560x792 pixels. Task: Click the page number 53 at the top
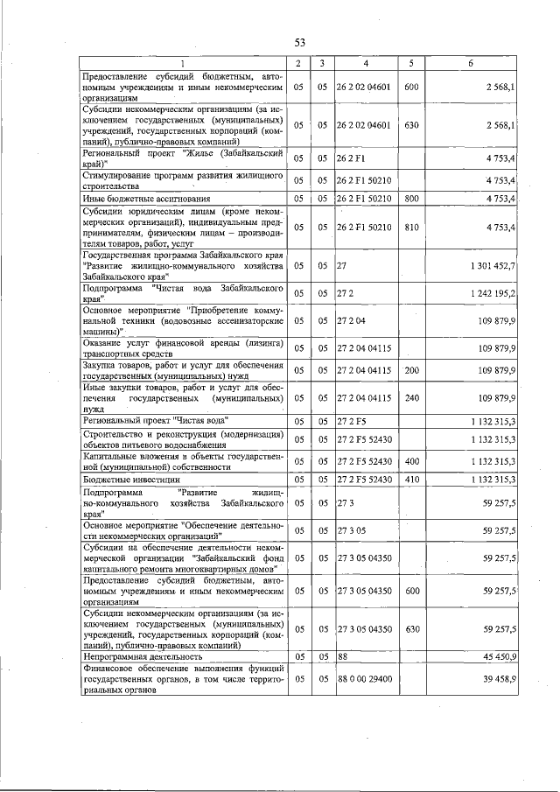pyautogui.click(x=299, y=41)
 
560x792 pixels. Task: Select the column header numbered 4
pyautogui.click(x=366, y=64)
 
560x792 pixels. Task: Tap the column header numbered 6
pyautogui.click(x=471, y=64)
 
